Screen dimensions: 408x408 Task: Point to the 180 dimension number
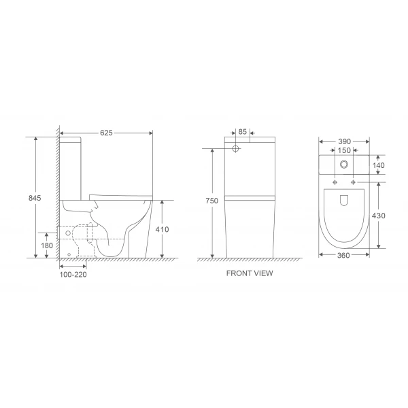point(46,245)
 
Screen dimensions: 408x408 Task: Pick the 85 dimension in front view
point(243,133)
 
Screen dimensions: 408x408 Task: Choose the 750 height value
point(212,201)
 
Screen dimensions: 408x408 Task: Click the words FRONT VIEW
point(250,273)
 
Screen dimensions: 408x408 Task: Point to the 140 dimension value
point(379,165)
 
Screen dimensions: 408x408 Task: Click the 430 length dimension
point(379,216)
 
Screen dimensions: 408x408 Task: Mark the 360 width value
point(344,255)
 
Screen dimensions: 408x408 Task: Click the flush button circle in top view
point(344,164)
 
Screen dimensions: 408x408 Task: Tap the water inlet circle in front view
point(236,148)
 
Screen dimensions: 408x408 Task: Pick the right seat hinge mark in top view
point(353,183)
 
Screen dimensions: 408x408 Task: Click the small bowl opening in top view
point(344,201)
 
